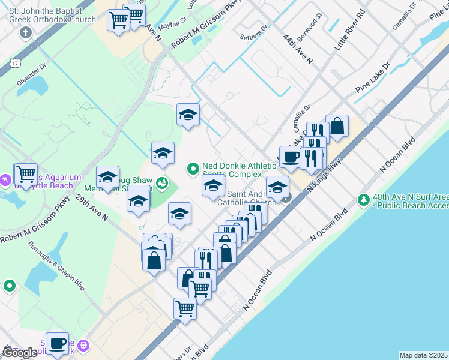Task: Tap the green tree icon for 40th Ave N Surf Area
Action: (363, 199)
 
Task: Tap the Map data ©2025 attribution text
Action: (424, 355)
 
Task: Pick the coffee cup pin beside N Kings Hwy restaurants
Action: (291, 157)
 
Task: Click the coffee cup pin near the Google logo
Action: (58, 344)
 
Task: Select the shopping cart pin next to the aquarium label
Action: (26, 175)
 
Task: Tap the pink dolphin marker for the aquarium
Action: (5, 179)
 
